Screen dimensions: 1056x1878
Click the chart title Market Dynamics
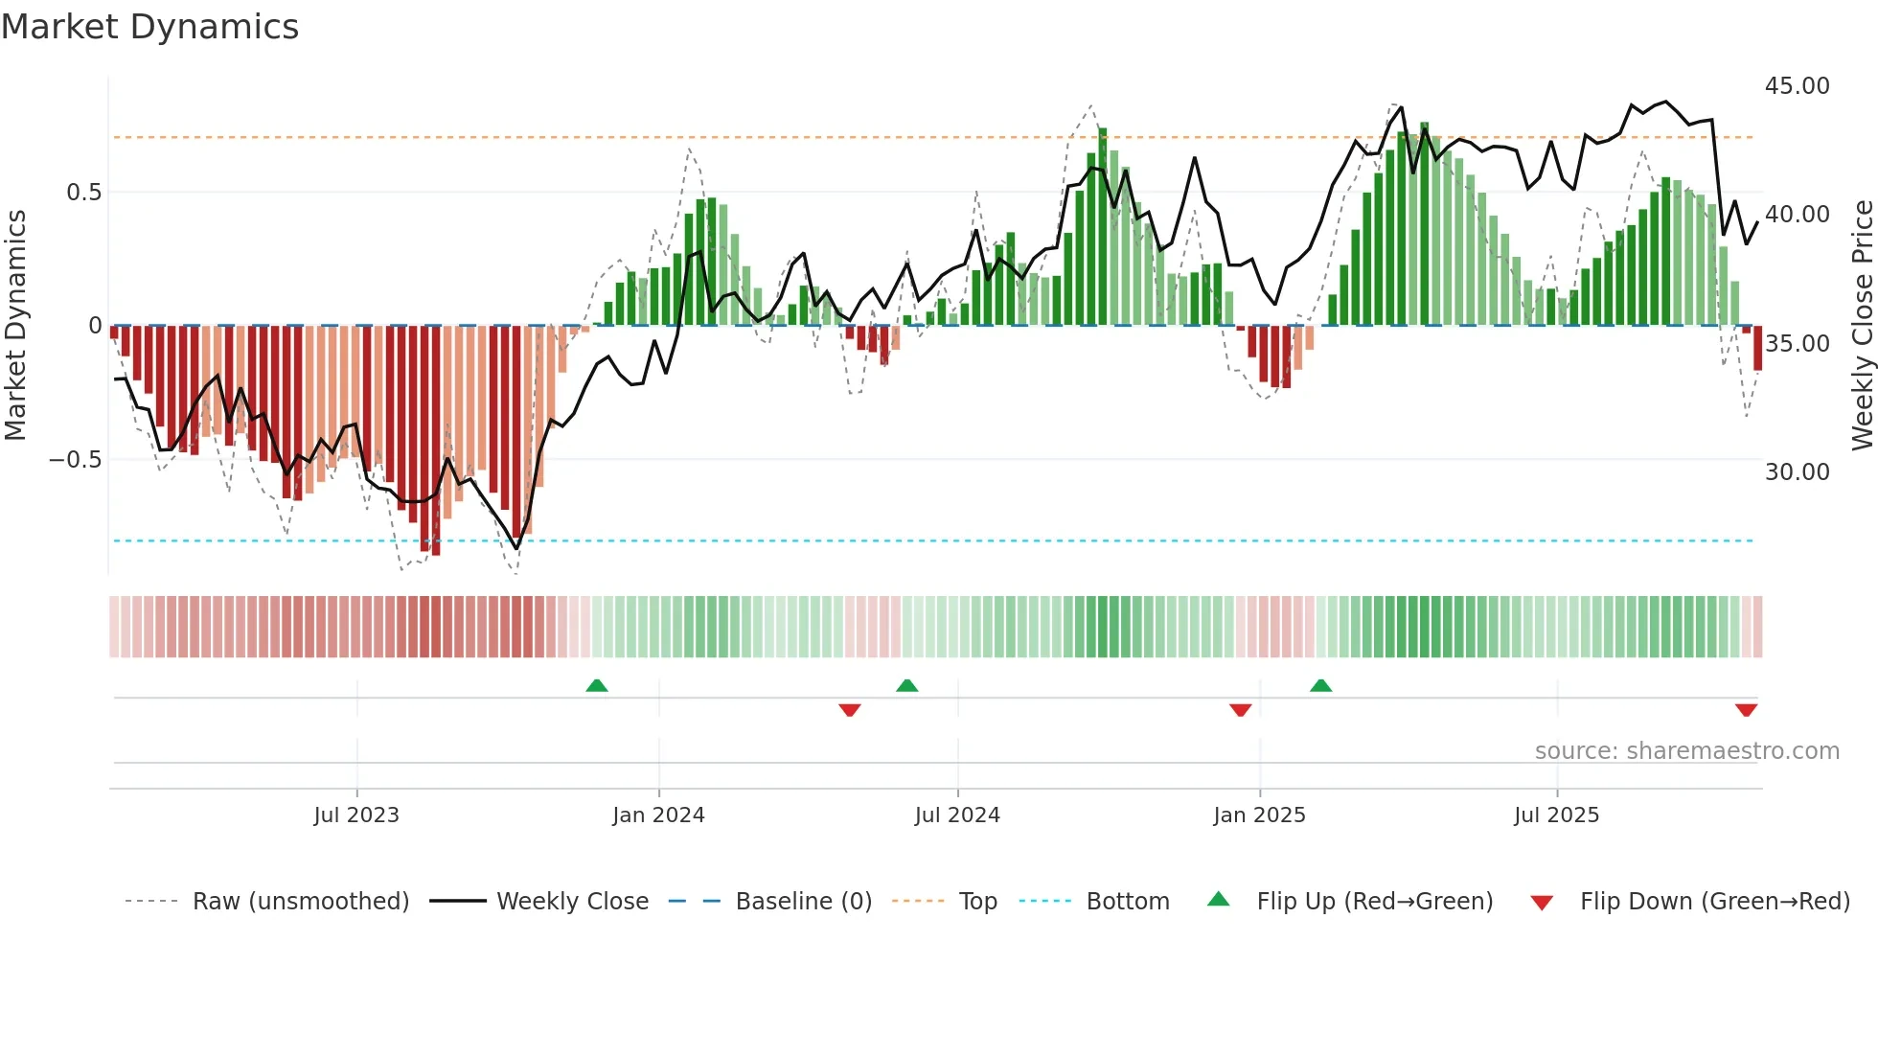tap(149, 27)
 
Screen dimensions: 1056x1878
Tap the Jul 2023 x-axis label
tap(356, 815)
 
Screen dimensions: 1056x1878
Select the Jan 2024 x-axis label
tap(658, 815)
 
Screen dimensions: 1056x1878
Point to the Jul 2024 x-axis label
tap(957, 815)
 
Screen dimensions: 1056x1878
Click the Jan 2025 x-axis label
tap(1259, 815)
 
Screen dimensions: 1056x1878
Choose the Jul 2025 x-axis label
tap(1556, 815)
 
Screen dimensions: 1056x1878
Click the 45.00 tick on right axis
tap(1797, 86)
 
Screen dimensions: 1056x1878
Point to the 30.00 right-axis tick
tap(1797, 472)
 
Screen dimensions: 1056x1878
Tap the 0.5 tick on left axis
tap(83, 193)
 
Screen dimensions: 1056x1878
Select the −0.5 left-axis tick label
tap(75, 460)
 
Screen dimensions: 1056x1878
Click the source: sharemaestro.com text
tap(1686, 751)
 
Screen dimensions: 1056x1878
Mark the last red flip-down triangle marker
tap(1746, 710)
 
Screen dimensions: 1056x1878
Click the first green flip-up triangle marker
tap(597, 685)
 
